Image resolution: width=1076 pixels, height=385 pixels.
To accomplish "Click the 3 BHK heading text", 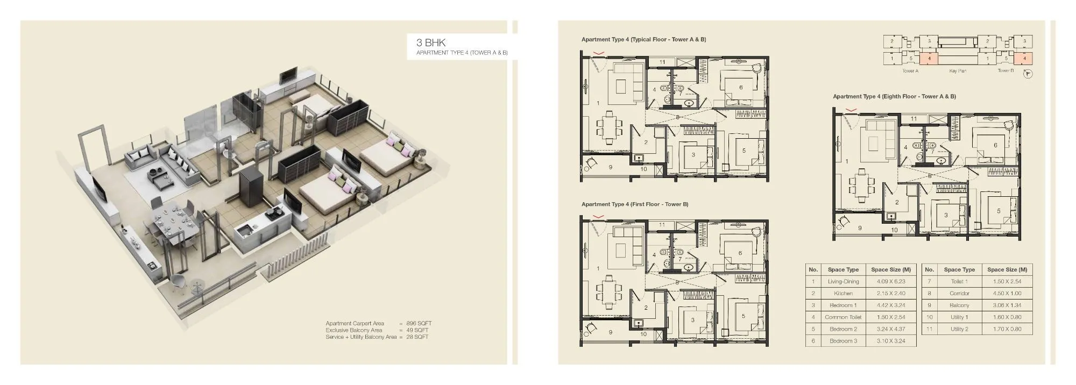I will (x=431, y=42).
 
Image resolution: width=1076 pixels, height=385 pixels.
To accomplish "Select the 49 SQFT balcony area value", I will (x=417, y=330).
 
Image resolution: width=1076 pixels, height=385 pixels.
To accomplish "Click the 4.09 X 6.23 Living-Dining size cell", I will (x=890, y=281).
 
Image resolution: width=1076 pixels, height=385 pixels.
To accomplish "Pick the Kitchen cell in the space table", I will (x=843, y=294).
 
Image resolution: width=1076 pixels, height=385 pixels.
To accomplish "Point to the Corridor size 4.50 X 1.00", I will (x=1007, y=294).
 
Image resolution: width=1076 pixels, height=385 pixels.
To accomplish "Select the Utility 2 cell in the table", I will (x=959, y=329).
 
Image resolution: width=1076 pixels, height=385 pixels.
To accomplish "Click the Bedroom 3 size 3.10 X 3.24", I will (x=890, y=341).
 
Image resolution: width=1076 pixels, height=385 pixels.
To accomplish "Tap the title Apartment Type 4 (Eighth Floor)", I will (x=894, y=97).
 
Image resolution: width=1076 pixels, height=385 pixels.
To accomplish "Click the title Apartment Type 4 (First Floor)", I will (x=634, y=204).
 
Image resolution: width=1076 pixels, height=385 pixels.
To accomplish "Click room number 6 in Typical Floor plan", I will (x=741, y=87).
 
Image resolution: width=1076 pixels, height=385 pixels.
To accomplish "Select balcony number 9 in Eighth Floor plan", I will (x=860, y=228).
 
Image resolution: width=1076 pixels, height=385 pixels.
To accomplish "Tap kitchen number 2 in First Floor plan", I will (x=646, y=308).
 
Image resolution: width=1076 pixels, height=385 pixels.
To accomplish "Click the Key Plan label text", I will (x=958, y=71).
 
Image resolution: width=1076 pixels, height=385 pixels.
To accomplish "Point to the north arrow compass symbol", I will (x=1028, y=74).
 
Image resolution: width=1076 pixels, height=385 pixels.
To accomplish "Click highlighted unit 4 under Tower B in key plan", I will (x=1024, y=58).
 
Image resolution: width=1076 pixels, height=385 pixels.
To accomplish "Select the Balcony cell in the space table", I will (x=959, y=305).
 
